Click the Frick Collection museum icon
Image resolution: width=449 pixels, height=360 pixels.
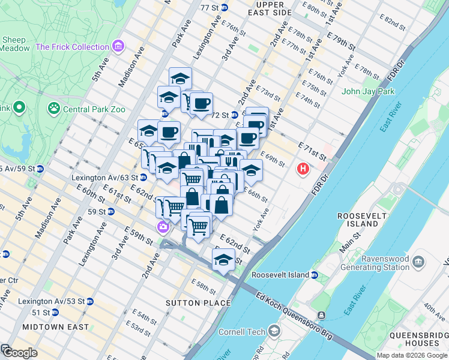coord(118,46)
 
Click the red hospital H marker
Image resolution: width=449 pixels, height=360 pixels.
coord(303,169)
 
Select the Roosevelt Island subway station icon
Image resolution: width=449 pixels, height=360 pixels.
coord(314,275)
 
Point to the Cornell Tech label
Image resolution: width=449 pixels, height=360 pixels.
coord(240,331)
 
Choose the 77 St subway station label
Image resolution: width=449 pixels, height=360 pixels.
coord(209,7)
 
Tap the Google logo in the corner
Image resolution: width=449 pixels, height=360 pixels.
coord(19,353)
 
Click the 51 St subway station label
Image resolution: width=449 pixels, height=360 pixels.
coord(41,313)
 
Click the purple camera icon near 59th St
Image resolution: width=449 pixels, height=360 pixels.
coord(162,227)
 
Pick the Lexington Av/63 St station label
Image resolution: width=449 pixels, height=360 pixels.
coord(104,178)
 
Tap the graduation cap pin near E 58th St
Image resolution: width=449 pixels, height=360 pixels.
coord(223,260)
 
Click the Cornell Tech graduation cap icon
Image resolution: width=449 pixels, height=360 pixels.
coord(274,331)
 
